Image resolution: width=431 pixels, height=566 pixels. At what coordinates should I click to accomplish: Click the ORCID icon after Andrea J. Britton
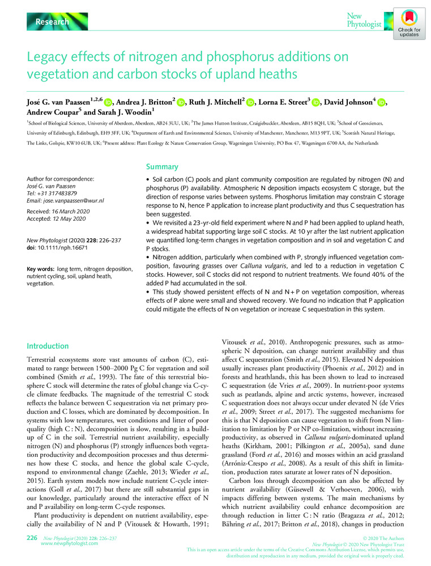181,102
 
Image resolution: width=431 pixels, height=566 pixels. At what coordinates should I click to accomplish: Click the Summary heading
162,168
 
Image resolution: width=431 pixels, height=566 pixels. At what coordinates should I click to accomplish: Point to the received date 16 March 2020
75,211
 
